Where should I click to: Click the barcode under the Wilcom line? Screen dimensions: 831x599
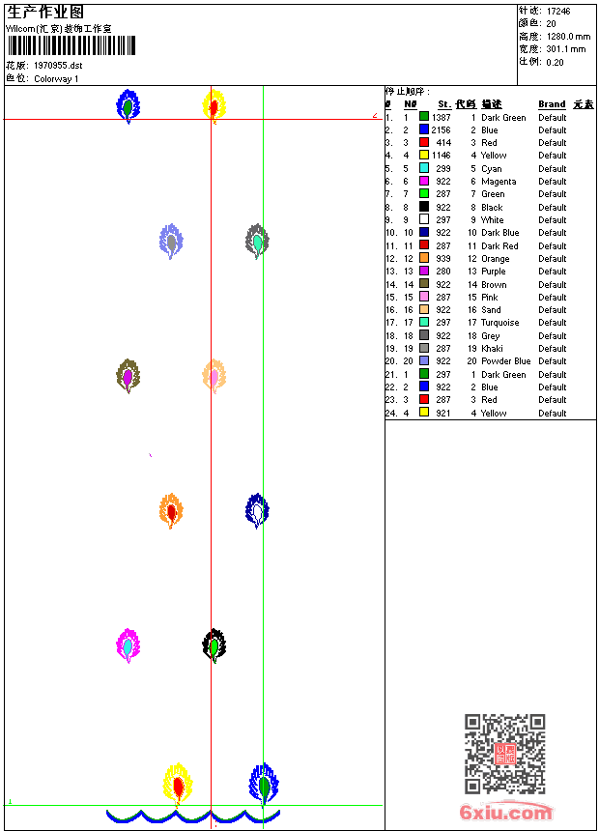click(x=71, y=46)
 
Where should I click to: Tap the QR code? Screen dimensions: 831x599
click(x=504, y=754)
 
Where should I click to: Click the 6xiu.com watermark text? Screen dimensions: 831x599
click(x=506, y=813)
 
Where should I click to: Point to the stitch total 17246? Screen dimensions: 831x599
click(x=558, y=11)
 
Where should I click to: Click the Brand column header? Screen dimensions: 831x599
click(x=552, y=104)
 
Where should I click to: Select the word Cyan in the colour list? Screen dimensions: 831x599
click(x=492, y=169)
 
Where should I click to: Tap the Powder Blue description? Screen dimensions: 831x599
click(x=505, y=361)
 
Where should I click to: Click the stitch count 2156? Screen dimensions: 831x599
click(x=441, y=130)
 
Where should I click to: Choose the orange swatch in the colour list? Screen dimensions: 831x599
click(x=424, y=259)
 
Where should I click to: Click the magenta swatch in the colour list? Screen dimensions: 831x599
click(x=424, y=182)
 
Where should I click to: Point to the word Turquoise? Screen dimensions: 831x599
click(x=499, y=323)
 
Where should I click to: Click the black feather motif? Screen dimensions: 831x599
click(x=214, y=645)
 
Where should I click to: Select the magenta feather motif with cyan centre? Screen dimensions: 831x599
click(x=128, y=645)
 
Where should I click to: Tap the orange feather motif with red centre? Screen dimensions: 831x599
click(x=171, y=510)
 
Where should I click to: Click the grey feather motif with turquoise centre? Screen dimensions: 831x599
click(x=257, y=240)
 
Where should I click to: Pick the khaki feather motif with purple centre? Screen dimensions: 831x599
click(x=128, y=375)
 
